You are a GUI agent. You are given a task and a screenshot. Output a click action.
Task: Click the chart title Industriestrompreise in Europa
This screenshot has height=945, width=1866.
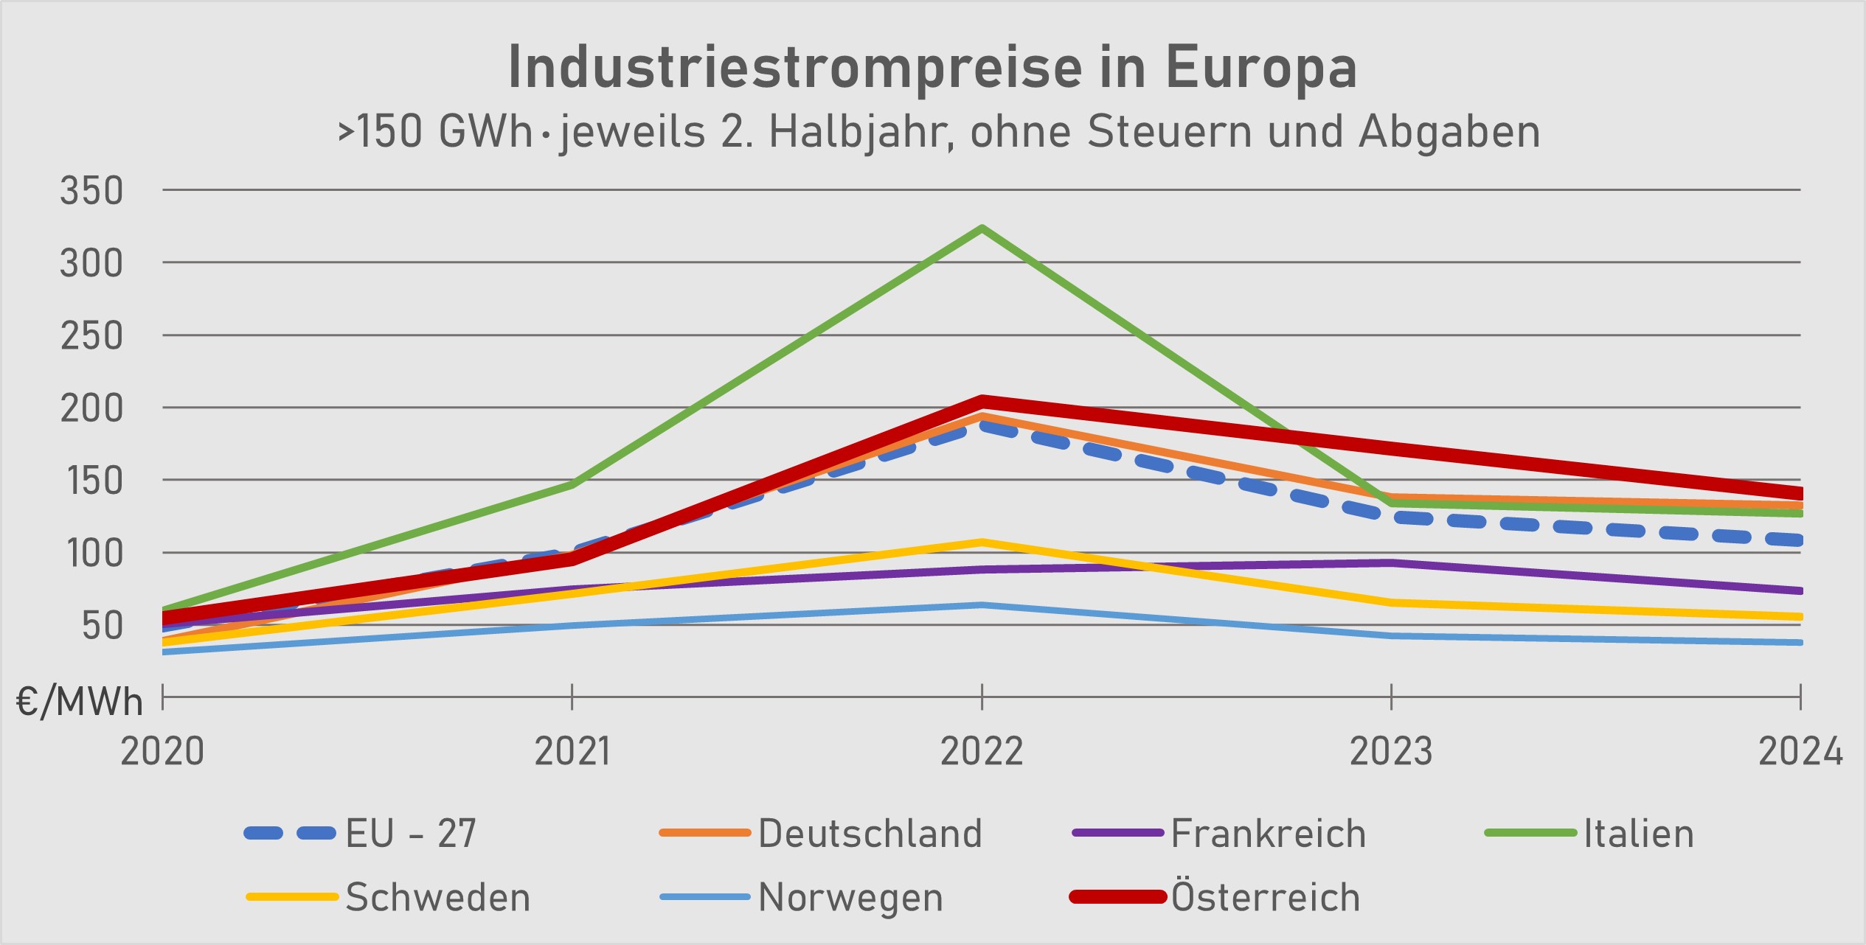pyautogui.click(x=932, y=68)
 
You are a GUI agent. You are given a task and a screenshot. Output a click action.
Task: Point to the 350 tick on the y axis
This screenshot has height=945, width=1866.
pyautogui.click(x=91, y=191)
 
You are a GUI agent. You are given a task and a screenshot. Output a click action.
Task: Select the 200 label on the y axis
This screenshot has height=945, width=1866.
pyautogui.click(x=91, y=408)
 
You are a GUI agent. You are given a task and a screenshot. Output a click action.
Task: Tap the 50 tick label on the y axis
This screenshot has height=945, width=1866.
pyautogui.click(x=102, y=626)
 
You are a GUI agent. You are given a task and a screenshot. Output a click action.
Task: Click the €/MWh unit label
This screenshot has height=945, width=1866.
pyautogui.click(x=80, y=702)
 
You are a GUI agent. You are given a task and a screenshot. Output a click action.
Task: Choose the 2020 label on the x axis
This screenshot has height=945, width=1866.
pyautogui.click(x=162, y=752)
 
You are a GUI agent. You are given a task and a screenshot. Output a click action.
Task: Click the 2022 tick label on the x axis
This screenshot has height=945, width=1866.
pyautogui.click(x=982, y=752)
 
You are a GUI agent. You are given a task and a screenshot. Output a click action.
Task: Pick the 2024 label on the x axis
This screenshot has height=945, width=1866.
pyautogui.click(x=1800, y=752)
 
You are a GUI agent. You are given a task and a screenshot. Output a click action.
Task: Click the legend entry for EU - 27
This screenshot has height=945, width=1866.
pyautogui.click(x=410, y=834)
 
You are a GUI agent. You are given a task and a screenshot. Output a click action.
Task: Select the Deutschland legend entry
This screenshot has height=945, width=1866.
pyautogui.click(x=870, y=834)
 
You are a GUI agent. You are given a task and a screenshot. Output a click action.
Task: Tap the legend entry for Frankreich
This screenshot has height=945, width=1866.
pyautogui.click(x=1268, y=834)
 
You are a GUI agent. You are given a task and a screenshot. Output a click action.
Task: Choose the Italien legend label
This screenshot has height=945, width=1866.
pyautogui.click(x=1638, y=834)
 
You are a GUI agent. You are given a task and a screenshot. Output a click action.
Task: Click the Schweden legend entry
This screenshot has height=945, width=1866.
pyautogui.click(x=437, y=897)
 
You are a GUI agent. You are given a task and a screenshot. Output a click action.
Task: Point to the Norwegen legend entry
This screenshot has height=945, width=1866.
pyautogui.click(x=850, y=897)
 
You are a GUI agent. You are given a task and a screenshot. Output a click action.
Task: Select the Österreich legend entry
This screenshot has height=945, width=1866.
pyautogui.click(x=1265, y=897)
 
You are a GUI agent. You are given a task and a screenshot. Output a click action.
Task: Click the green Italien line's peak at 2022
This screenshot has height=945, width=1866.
pyautogui.click(x=982, y=229)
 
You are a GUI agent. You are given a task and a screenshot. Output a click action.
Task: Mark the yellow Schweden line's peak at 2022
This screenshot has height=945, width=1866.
pyautogui.click(x=982, y=543)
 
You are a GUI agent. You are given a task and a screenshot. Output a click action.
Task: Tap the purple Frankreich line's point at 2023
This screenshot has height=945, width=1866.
pyautogui.click(x=1392, y=563)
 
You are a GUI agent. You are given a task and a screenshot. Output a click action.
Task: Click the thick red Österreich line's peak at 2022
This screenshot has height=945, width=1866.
pyautogui.click(x=982, y=402)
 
